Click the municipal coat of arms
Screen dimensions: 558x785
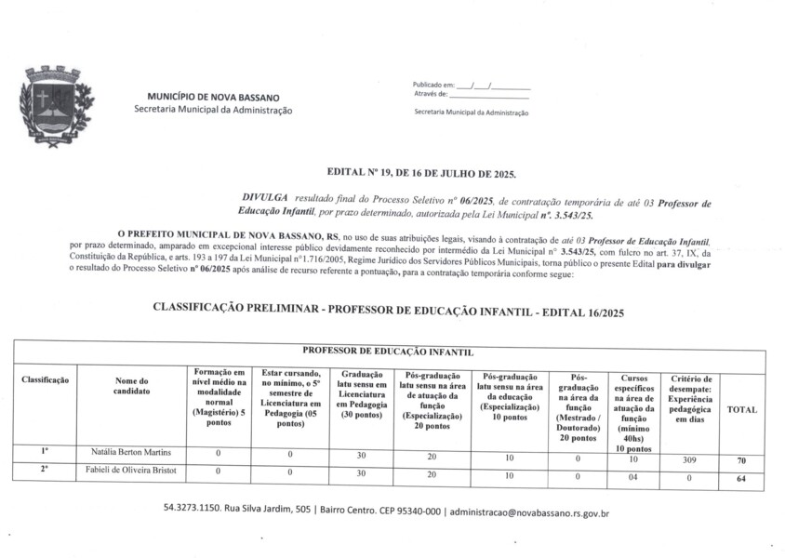tap(57, 106)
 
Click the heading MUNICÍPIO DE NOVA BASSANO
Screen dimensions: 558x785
tap(213, 97)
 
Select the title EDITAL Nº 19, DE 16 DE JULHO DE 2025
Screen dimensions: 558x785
tap(421, 174)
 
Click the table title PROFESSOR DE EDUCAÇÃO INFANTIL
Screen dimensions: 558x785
tap(389, 352)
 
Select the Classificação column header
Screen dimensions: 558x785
tap(45, 380)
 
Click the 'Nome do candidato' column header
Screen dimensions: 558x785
tap(131, 386)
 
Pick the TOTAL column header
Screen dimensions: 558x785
tap(741, 409)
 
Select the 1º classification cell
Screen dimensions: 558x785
tap(45, 451)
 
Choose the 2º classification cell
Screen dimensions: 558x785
tap(45, 470)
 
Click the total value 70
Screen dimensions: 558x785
tap(741, 460)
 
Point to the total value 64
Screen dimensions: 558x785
tap(741, 479)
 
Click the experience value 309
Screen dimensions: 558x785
tap(689, 459)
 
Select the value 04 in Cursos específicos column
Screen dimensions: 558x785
tap(633, 478)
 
